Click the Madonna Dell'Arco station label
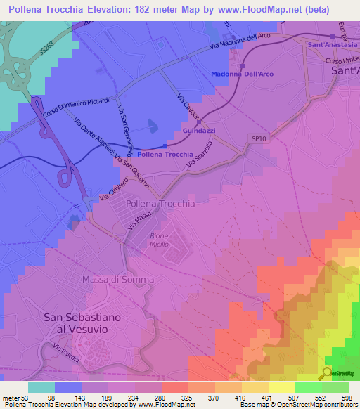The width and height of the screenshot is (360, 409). coord(243,74)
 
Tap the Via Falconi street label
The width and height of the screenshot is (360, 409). coord(67,351)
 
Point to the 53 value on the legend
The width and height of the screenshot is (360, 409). coord(25,397)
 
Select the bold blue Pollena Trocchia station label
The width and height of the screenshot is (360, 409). coord(165,154)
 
